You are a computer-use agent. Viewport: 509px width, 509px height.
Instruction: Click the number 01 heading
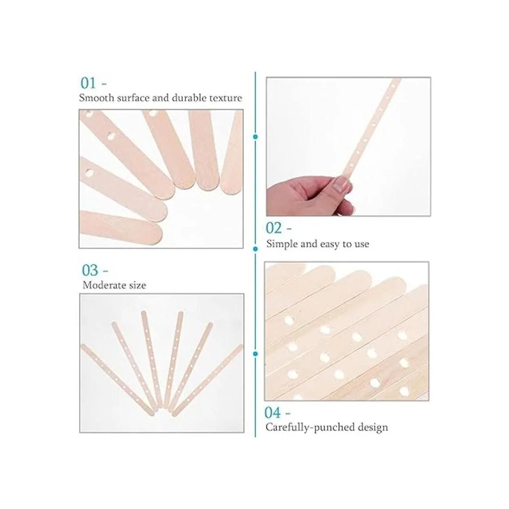[89, 83]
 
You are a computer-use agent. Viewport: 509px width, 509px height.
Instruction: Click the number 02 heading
[274, 228]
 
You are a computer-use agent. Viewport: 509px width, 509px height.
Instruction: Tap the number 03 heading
[90, 270]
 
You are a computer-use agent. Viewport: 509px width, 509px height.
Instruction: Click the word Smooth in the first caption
[97, 98]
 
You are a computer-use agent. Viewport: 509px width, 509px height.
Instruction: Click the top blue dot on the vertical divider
[255, 137]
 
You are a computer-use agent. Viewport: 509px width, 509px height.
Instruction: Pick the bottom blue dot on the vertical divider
[255, 353]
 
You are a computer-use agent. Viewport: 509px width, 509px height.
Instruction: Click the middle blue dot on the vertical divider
[255, 249]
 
